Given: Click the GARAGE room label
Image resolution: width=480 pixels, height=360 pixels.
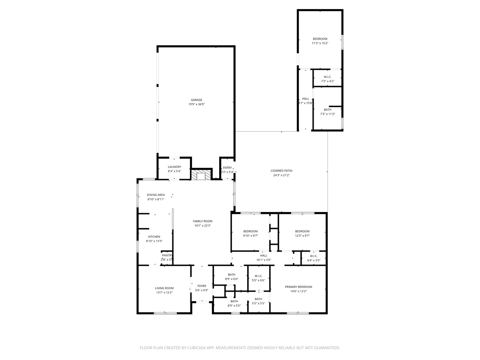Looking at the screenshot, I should [196, 100].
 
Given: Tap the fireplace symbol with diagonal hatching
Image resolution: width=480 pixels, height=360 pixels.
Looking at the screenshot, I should [200, 175].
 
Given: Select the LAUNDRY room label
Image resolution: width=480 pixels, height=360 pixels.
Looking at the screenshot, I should [174, 167].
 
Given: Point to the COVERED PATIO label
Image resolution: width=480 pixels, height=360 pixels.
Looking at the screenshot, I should [282, 171].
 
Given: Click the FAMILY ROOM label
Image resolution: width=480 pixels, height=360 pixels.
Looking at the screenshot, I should [202, 221].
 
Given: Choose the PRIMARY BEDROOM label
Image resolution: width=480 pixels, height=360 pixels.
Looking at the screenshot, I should [298, 287].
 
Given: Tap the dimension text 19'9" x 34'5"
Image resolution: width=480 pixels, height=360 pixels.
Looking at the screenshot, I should [196, 104].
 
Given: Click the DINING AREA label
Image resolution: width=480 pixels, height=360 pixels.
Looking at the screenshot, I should [156, 195].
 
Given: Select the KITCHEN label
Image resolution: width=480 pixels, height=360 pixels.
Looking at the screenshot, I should [154, 237].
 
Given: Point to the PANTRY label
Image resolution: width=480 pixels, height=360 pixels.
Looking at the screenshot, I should [167, 255].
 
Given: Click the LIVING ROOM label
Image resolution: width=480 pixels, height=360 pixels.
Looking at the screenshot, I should [164, 288].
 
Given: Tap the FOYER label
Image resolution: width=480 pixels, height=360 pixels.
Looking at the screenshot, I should [202, 286].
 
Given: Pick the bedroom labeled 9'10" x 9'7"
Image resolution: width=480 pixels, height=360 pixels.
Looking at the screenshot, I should [250, 232].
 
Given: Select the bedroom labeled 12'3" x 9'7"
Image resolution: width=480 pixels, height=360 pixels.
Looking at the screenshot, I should [302, 232].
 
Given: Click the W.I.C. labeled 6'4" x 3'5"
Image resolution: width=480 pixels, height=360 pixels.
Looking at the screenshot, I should [313, 256].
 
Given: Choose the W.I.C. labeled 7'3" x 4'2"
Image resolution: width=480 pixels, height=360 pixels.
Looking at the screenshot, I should [327, 77].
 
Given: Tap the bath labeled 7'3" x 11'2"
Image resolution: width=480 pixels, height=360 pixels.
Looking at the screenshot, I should [328, 110].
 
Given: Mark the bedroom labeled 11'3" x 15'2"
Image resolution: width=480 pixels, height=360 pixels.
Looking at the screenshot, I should [320, 39].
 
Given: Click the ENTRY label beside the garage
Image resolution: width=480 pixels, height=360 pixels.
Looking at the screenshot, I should [227, 168].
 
